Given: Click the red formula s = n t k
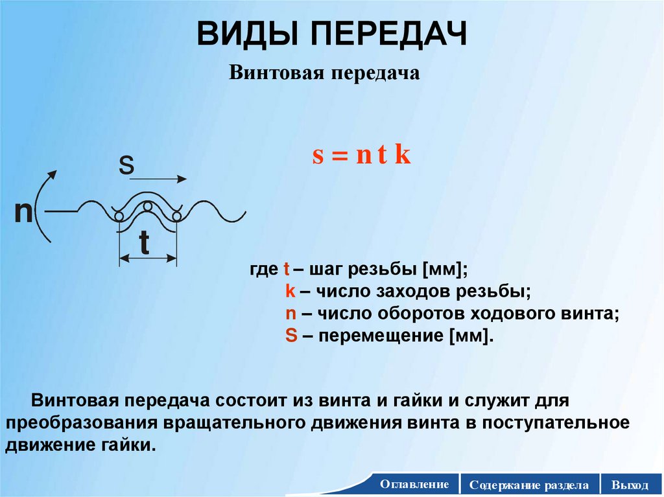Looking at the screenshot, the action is (362, 157).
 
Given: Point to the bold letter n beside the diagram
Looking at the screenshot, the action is (24, 213).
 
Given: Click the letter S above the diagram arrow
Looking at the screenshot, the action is (126, 167).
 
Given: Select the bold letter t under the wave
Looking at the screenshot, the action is (144, 244).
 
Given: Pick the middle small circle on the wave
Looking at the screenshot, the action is (148, 206).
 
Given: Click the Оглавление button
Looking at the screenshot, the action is (415, 485).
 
